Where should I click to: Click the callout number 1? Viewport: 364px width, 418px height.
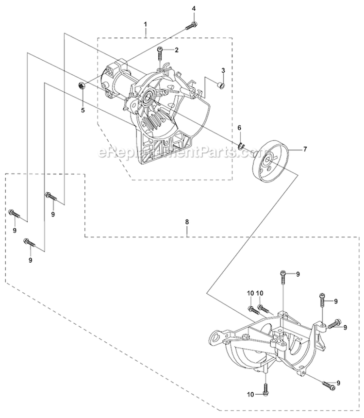(x=145, y=23)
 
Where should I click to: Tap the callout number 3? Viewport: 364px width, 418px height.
(x=223, y=71)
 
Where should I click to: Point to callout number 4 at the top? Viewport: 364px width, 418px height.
(x=194, y=9)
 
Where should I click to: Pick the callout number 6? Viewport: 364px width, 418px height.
(x=239, y=128)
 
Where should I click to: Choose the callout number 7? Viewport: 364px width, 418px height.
(x=305, y=149)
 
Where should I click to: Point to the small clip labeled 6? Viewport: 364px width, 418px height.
(x=242, y=144)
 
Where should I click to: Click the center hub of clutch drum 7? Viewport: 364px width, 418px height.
(x=266, y=160)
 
